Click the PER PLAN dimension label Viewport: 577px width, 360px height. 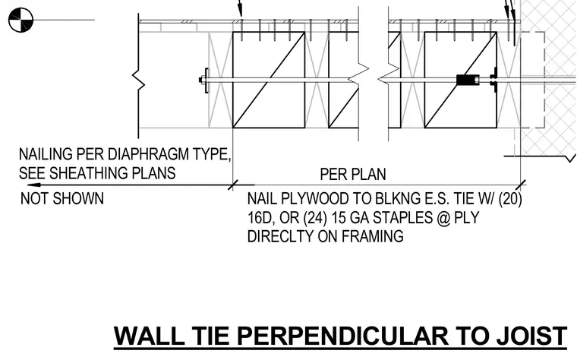coord(353,174)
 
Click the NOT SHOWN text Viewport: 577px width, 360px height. coord(62,199)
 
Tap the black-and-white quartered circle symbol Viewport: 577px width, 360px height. coord(20,20)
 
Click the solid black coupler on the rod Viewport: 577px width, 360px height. coord(467,80)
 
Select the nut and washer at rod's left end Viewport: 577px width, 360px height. coord(204,80)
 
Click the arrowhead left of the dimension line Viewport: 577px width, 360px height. coord(33,185)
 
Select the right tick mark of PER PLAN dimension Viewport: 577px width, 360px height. coord(521,185)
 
